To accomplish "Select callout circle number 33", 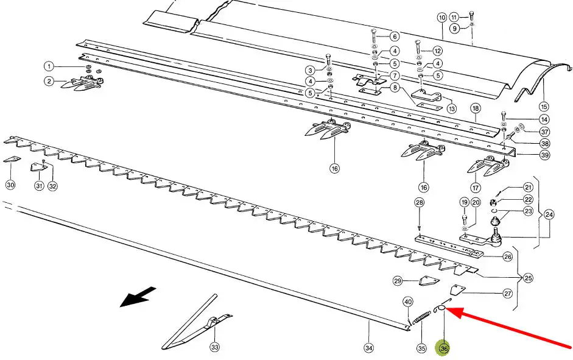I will pyautogui.click(x=214, y=348).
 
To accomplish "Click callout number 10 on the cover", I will pyautogui.click(x=442, y=17).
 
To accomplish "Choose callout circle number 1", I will pyautogui.click(x=49, y=66).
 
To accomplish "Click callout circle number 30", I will pyautogui.click(x=10, y=185).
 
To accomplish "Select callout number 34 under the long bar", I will pyautogui.click(x=369, y=348).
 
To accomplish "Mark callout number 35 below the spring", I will pyautogui.click(x=422, y=348).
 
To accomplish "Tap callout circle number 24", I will pyautogui.click(x=549, y=214).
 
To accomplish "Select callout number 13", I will pyautogui.click(x=451, y=108).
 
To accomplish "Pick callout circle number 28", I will pyautogui.click(x=419, y=202).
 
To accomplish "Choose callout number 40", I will pyautogui.click(x=408, y=302).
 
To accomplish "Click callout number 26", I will pyautogui.click(x=508, y=256).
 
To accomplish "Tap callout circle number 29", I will pyautogui.click(x=398, y=281).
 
